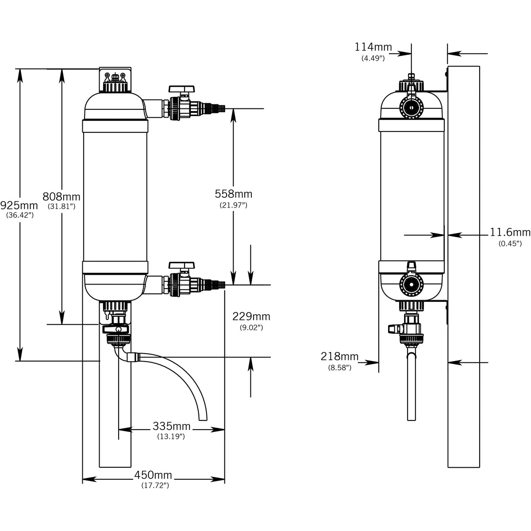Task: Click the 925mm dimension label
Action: pos(19,205)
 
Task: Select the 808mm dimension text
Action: pos(62,197)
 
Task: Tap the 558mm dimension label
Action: pos(234,194)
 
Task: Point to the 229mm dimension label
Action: pos(251,316)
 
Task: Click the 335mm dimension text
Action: pos(172,426)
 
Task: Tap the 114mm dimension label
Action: pos(373,47)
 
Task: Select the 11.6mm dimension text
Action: pos(510,232)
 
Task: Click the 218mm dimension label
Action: pos(339,357)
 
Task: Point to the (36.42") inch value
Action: pos(20,215)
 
